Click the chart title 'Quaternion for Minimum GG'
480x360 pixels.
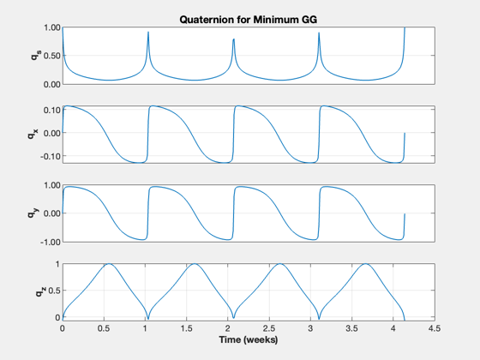point(249,20)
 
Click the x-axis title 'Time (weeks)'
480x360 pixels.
point(249,339)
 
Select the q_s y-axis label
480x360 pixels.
point(35,55)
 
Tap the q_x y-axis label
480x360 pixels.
point(33,134)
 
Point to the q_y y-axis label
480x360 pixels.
point(33,213)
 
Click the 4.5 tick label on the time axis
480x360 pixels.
point(435,328)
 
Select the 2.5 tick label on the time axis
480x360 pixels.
point(269,328)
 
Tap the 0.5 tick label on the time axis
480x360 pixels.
point(104,328)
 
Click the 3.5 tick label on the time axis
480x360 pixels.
point(351,328)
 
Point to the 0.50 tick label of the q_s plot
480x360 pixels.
point(52,56)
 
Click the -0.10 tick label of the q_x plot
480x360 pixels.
point(51,156)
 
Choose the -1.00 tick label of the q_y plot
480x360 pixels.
point(51,242)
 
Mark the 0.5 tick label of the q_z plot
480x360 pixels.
point(54,291)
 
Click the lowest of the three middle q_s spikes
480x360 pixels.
point(233,39)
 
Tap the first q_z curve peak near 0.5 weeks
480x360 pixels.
point(109,264)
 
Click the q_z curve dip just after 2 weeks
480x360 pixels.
point(233,318)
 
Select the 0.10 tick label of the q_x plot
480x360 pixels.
point(52,111)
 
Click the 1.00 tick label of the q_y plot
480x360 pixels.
point(52,185)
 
